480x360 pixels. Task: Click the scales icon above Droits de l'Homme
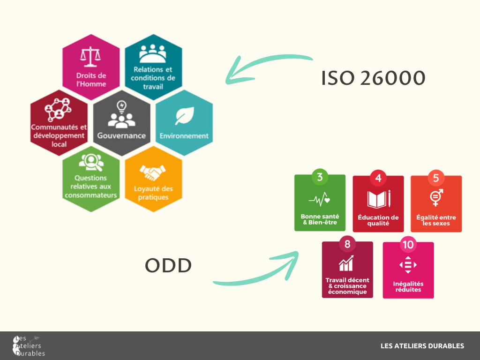[90, 57]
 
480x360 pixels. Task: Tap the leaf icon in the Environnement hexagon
[184, 116]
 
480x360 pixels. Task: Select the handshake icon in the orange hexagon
[152, 172]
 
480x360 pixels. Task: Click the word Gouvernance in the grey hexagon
[121, 135]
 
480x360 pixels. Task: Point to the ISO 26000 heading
[373, 78]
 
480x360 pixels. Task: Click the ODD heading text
[168, 265]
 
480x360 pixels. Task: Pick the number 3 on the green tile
[320, 177]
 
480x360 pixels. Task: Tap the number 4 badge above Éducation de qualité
[378, 178]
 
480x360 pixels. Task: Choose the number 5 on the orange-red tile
[436, 178]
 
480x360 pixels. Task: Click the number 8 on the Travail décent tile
[347, 244]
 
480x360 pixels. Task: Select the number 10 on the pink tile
[408, 245]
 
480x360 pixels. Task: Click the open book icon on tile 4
[379, 199]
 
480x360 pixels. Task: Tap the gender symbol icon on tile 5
[436, 197]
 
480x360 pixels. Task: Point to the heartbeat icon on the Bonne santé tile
[319, 199]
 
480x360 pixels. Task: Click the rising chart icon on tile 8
[346, 263]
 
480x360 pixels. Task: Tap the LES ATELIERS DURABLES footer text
[422, 346]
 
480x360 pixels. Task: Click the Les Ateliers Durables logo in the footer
[29, 346]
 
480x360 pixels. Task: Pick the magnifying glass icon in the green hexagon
[91, 162]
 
